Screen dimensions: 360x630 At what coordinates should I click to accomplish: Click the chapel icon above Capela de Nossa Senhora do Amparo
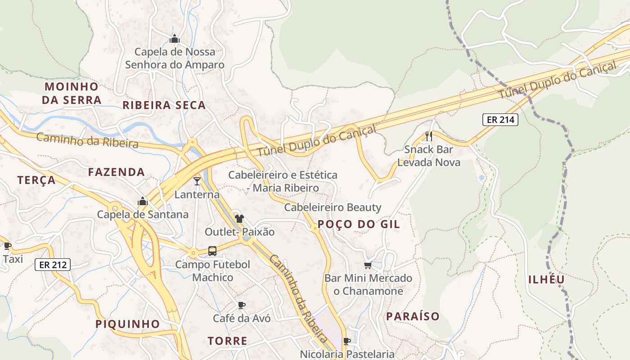[x=175, y=39]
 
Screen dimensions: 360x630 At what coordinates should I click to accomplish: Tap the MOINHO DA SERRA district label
[x=72, y=93]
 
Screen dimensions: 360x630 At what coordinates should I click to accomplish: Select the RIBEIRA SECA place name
[x=164, y=105]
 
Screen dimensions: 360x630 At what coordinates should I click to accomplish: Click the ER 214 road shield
[x=500, y=120]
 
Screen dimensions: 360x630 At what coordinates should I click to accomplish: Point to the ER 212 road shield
[x=53, y=265]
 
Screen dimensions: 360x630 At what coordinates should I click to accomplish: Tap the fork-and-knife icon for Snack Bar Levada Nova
[x=429, y=136]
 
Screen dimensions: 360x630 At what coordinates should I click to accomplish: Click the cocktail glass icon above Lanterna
[x=197, y=181]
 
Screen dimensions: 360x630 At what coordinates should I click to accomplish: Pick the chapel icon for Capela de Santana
[x=143, y=201]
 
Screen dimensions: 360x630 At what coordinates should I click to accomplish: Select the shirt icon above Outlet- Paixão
[x=239, y=219]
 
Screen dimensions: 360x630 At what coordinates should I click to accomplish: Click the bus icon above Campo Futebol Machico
[x=212, y=251]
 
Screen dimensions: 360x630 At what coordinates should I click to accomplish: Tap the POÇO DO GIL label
[x=359, y=224]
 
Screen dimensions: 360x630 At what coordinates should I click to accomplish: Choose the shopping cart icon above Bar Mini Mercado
[x=368, y=265]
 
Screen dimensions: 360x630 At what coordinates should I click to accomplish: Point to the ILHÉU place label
[x=546, y=279]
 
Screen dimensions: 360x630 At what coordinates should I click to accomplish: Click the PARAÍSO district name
[x=413, y=316]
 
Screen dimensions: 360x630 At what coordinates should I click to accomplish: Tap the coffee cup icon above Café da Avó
[x=242, y=305]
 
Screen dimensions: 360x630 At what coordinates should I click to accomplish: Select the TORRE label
[x=227, y=341]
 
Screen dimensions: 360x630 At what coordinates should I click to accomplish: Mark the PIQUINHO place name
[x=128, y=324]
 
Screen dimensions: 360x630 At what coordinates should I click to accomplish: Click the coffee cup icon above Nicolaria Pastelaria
[x=347, y=341]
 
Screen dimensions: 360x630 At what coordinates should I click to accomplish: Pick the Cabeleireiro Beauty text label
[x=333, y=207]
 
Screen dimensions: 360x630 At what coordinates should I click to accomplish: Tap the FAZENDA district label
[x=117, y=172]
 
